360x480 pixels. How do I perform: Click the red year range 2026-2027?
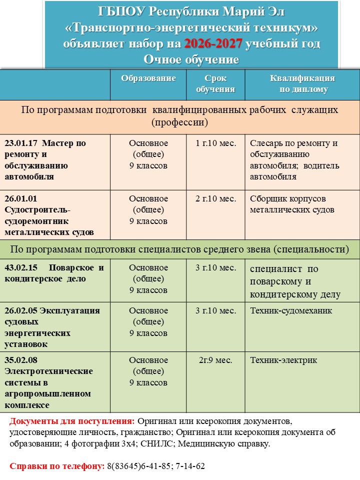point(213,44)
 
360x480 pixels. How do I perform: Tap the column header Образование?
point(148,78)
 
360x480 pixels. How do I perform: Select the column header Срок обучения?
point(215,84)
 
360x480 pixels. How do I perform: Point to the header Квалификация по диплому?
point(302,84)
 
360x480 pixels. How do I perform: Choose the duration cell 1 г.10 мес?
point(215,143)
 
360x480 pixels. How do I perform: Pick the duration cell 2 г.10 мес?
point(215,199)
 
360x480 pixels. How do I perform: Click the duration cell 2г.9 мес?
point(215,360)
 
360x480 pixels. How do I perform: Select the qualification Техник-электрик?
point(283,360)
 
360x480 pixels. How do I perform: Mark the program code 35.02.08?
point(21,360)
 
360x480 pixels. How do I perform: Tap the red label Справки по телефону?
point(56,466)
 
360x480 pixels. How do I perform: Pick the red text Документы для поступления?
point(72,421)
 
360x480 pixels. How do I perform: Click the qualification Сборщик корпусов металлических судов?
point(292,204)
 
